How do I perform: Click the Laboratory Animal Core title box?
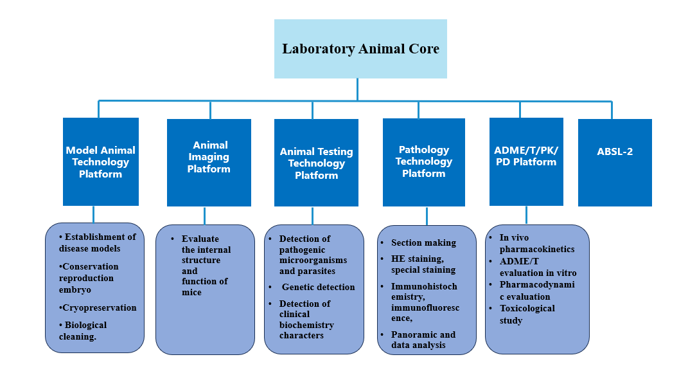point(360,49)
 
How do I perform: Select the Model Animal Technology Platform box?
point(101,161)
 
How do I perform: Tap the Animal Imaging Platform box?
point(209,162)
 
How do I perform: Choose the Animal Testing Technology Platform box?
point(316,162)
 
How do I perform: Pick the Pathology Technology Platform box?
point(423,162)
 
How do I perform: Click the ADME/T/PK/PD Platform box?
point(526,161)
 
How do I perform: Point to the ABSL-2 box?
point(615,162)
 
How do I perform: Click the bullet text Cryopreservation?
point(98,307)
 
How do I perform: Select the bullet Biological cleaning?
point(83,331)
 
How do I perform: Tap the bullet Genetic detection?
point(318,287)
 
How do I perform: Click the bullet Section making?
point(423,242)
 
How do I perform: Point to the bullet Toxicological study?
point(527,314)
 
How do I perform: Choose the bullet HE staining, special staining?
point(423,264)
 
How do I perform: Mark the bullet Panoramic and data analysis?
point(423,340)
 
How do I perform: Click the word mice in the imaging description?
point(191,292)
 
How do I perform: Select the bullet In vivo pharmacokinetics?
point(537,243)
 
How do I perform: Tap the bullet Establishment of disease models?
point(98,242)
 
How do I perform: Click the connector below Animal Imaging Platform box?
point(204,216)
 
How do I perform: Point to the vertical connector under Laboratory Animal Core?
point(357,90)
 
